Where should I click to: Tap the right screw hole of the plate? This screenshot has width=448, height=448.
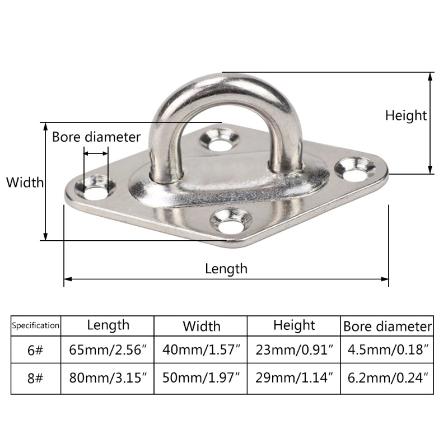[355, 170]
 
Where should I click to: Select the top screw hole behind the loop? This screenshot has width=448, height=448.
[220, 140]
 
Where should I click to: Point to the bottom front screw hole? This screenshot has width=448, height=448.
[231, 221]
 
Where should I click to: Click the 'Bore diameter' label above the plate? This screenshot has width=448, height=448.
[96, 137]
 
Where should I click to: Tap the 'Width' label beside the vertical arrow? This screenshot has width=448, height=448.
[25, 183]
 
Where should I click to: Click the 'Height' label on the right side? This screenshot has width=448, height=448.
[406, 116]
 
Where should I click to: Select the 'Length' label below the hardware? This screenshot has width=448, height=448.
[226, 269]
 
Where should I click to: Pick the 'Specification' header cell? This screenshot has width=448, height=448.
[36, 325]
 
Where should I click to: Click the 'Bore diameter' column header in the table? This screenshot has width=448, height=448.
[388, 326]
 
